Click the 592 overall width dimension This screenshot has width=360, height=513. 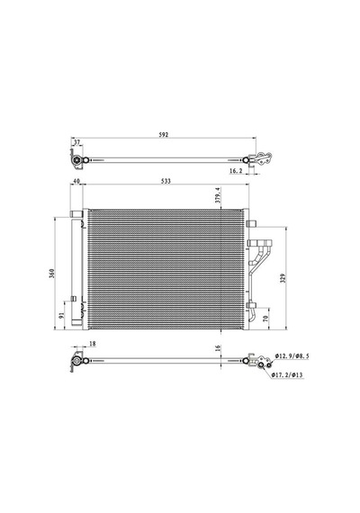pyautogui.click(x=164, y=134)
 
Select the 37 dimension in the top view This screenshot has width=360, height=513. pyautogui.click(x=76, y=142)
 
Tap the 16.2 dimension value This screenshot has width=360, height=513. pyautogui.click(x=235, y=170)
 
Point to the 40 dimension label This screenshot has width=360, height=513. pyautogui.click(x=76, y=181)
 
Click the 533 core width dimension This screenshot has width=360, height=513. pyautogui.click(x=166, y=181)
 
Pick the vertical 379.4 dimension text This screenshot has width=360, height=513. pyautogui.click(x=218, y=195)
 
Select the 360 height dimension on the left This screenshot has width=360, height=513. pyautogui.click(x=51, y=274)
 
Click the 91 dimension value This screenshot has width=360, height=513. pyautogui.click(x=61, y=315)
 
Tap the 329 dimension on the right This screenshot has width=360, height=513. pyautogui.click(x=283, y=278)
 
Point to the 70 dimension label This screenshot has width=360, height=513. pyautogui.click(x=265, y=318)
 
